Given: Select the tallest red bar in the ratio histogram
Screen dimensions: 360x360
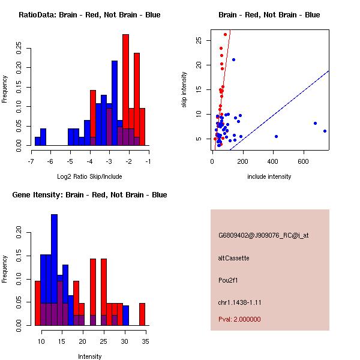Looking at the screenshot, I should point(126,90).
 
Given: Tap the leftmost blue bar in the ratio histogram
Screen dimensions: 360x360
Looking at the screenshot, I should point(37,141).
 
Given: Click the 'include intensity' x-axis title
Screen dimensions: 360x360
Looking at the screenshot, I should point(269,176).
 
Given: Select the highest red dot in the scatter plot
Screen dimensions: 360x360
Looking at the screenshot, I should point(225,34).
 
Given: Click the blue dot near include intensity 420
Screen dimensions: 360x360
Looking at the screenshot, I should point(276,136).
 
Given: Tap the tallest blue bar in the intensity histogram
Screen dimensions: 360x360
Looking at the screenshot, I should point(55,269).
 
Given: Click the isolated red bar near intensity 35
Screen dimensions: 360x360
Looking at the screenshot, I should point(142,314).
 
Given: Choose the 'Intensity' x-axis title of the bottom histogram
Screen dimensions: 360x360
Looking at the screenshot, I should point(89,356).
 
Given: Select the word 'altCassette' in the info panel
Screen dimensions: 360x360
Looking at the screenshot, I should point(233,258).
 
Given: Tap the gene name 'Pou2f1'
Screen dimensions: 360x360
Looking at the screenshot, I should point(228,280).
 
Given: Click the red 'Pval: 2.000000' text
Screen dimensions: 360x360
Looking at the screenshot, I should point(239,319).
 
